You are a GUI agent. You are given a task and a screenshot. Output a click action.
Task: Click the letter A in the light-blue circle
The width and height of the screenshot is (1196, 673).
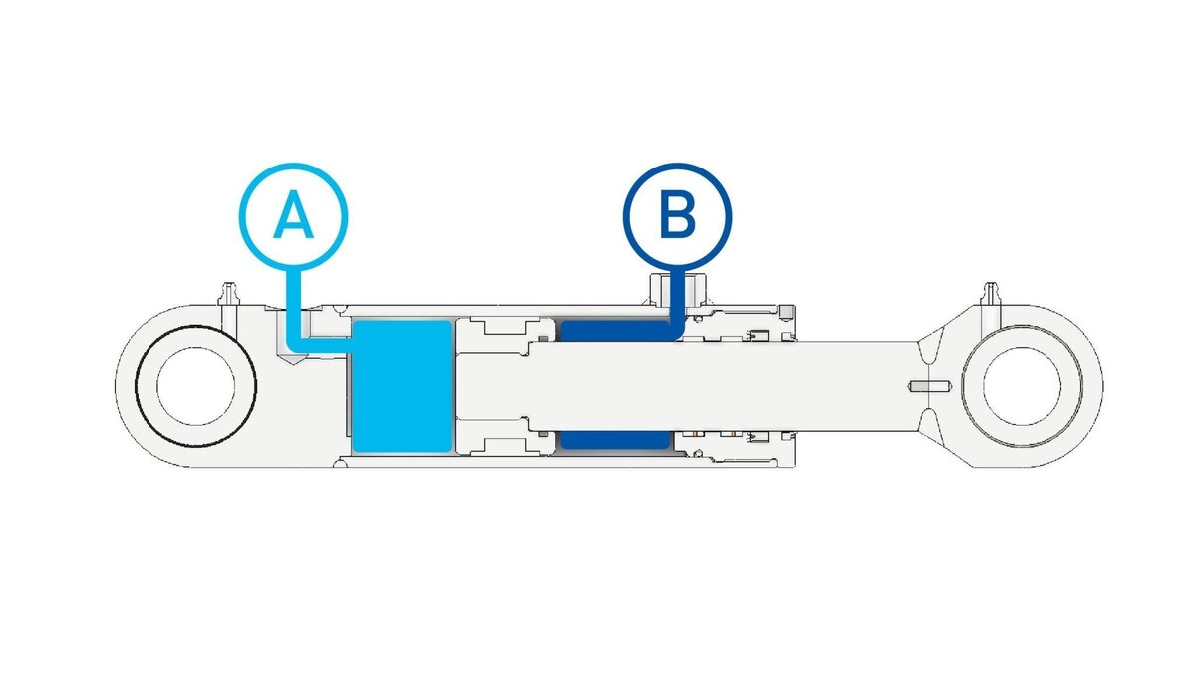pyautogui.click(x=293, y=216)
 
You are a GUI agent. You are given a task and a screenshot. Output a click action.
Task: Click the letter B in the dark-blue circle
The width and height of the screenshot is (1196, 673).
pyautogui.click(x=677, y=216)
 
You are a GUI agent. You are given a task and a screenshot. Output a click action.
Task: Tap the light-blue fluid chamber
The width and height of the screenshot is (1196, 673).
pyautogui.click(x=402, y=385)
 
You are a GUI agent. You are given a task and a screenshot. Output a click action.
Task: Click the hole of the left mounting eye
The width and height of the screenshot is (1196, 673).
pyautogui.click(x=195, y=385)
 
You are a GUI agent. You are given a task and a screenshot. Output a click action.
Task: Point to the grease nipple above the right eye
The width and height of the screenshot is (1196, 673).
pyautogui.click(x=991, y=293)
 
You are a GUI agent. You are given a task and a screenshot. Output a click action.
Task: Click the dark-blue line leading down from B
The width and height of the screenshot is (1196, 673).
pyautogui.click(x=677, y=299)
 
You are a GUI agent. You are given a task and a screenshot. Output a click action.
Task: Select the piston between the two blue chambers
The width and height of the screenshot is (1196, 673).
pyautogui.click(x=493, y=385)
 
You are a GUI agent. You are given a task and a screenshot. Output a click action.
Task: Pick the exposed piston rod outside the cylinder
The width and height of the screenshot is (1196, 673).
pyautogui.click(x=857, y=385)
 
